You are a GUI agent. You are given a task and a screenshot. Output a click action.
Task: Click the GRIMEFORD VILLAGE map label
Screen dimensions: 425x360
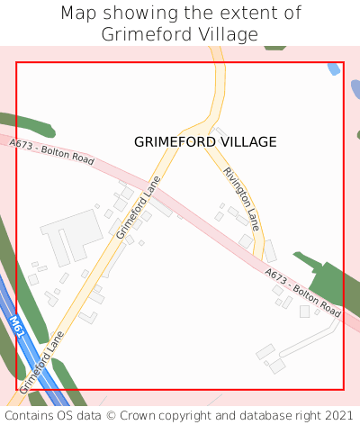coord(205,141)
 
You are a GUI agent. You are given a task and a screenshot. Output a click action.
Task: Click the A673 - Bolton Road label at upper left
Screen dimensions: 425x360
coord(51,151)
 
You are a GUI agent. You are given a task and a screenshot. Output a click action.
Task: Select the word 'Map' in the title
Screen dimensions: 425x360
coord(78,14)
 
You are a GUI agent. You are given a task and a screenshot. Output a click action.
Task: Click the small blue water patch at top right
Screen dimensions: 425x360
coord(335,69)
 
